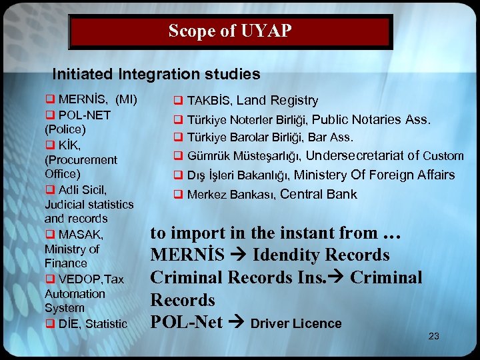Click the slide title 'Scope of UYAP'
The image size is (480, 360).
tap(230, 31)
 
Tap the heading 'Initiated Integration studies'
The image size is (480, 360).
tap(156, 73)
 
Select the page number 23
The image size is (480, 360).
tap(433, 336)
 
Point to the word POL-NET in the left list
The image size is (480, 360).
tap(84, 115)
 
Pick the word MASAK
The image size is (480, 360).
tap(80, 235)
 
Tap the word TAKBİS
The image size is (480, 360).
tap(209, 101)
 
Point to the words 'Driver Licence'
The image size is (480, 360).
tap(296, 324)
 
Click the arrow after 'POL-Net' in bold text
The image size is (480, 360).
tap(236, 323)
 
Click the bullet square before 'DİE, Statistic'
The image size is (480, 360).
tap(49, 324)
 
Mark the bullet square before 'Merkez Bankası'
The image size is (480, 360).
tap(179, 195)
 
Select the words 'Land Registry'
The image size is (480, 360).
tap(277, 101)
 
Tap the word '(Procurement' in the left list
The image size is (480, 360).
tap(81, 160)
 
